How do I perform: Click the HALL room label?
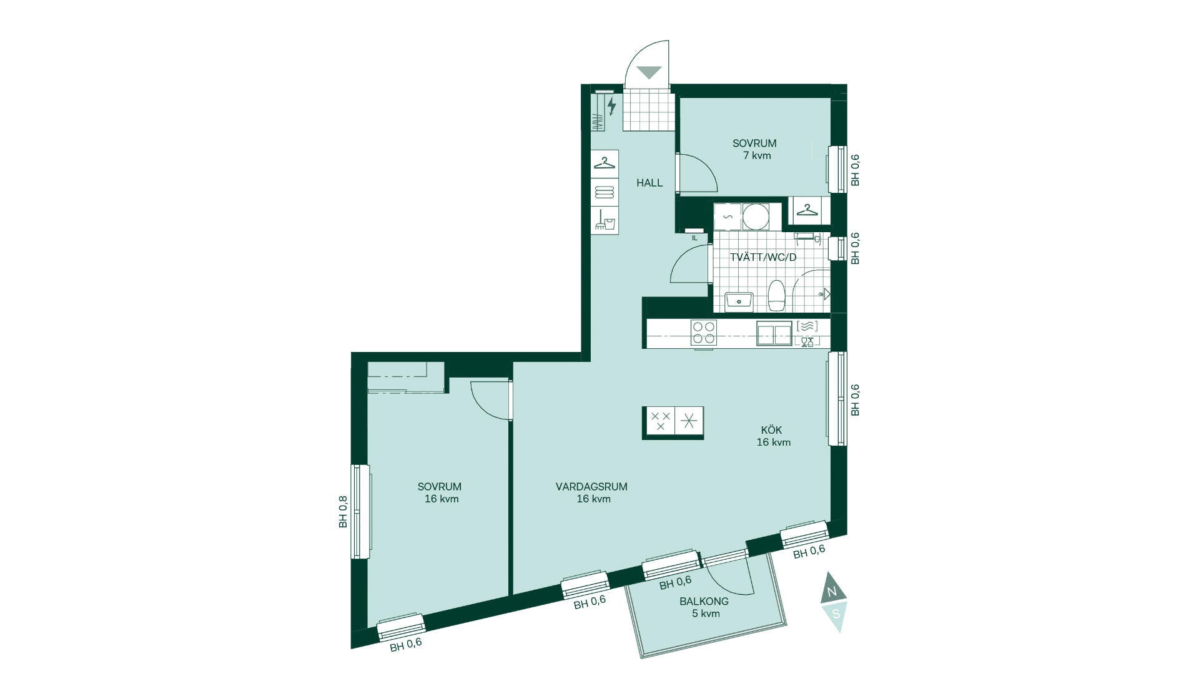(x=649, y=183)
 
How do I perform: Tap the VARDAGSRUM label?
(x=591, y=487)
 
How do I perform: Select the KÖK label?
(x=771, y=430)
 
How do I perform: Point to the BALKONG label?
(x=704, y=602)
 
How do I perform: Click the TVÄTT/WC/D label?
(x=763, y=257)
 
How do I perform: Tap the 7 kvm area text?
(x=757, y=155)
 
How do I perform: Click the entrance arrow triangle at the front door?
(x=649, y=72)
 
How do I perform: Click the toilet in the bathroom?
(x=776, y=296)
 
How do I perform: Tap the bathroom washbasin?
(x=739, y=301)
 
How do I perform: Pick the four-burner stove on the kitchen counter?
(x=704, y=333)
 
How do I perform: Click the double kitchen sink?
(x=774, y=333)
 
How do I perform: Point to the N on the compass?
(x=832, y=591)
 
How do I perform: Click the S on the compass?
(x=836, y=614)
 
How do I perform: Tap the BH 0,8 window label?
(x=343, y=512)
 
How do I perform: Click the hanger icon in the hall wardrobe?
(x=604, y=163)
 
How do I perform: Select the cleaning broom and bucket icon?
(x=604, y=220)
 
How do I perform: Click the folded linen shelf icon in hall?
(x=604, y=192)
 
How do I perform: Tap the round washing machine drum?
(x=756, y=217)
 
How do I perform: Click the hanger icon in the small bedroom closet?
(x=807, y=210)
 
